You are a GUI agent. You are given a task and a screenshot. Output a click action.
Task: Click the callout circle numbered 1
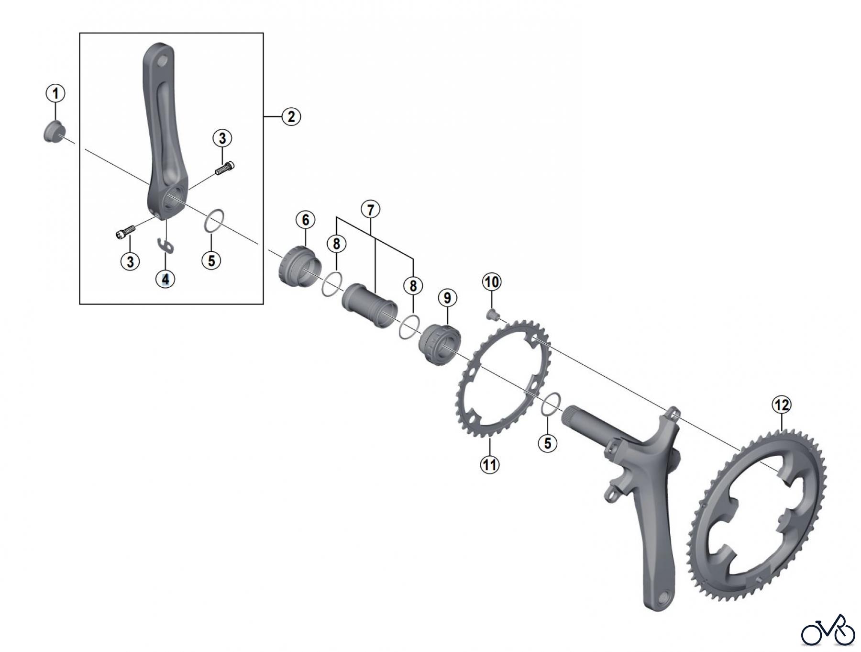coord(55,93)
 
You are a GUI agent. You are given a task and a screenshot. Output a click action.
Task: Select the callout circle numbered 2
coord(291,116)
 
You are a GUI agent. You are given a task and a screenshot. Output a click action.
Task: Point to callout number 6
coord(306,220)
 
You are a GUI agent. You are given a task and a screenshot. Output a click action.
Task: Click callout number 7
coord(370,209)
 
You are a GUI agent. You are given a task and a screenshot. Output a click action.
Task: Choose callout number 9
coord(447,298)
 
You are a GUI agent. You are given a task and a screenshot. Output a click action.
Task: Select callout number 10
coord(492,282)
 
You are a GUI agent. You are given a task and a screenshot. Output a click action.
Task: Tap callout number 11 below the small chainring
coord(490,464)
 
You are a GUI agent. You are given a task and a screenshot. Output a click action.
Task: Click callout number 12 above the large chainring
coord(782,405)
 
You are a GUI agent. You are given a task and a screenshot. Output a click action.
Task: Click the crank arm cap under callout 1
coord(54,132)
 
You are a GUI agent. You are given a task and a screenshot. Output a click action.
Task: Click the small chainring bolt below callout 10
coord(492,315)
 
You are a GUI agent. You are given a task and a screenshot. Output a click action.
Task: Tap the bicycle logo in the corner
coord(828,631)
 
